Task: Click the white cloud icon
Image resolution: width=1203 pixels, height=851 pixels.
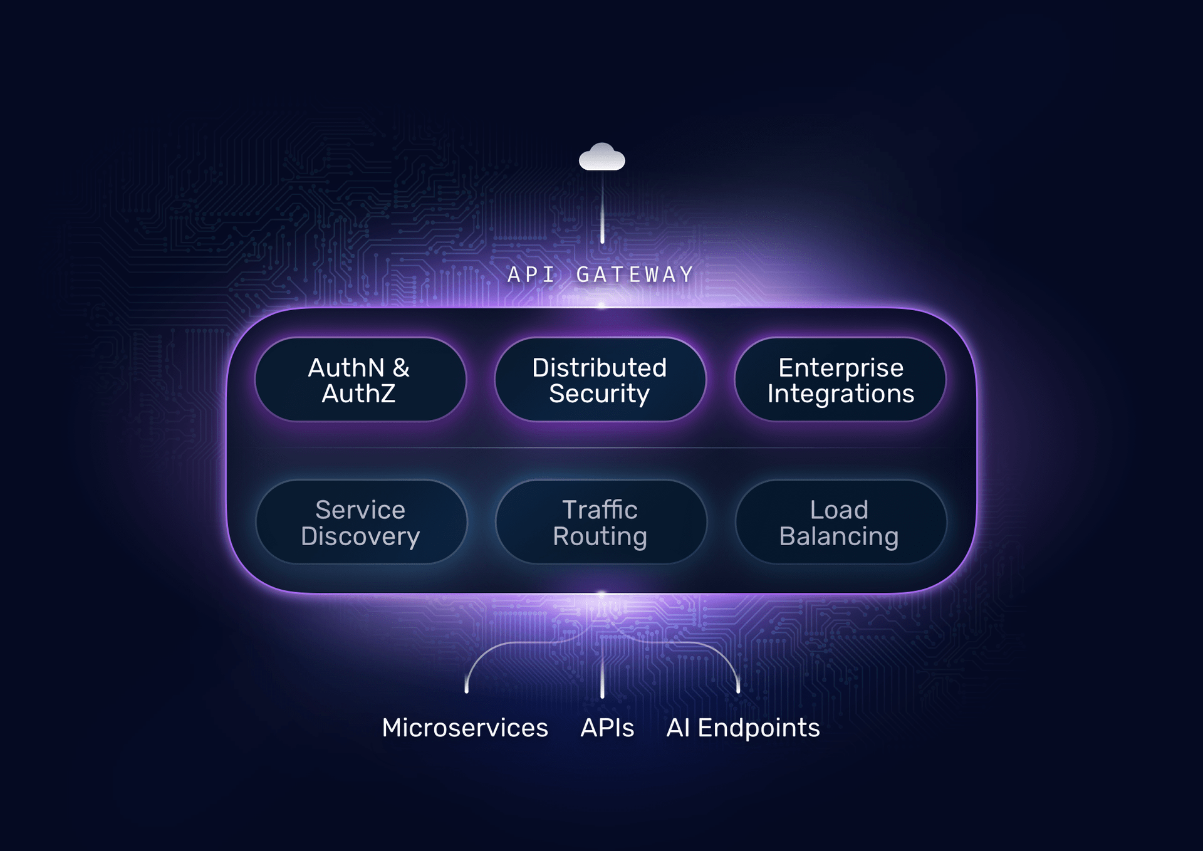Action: (x=601, y=157)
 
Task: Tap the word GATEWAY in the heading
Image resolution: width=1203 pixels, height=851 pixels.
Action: (x=634, y=274)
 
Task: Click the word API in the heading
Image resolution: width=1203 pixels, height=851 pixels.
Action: (x=531, y=274)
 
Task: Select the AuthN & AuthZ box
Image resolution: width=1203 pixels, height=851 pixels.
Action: (x=360, y=380)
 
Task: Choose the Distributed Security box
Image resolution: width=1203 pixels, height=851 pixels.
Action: (x=600, y=380)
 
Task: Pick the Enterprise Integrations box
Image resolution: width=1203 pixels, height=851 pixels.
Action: (x=840, y=380)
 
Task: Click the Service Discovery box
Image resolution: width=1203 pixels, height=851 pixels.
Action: (x=361, y=522)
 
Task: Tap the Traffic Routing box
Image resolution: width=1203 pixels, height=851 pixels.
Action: (x=600, y=522)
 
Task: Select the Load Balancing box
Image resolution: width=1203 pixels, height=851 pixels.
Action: (x=840, y=522)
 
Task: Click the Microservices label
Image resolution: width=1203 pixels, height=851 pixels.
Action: (x=465, y=728)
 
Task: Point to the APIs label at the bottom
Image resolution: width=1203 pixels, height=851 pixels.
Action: (x=607, y=728)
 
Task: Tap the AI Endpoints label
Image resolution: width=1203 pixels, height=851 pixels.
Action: (x=742, y=728)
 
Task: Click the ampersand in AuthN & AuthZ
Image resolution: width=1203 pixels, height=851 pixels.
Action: (x=401, y=368)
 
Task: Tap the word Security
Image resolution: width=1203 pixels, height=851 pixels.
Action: (x=600, y=394)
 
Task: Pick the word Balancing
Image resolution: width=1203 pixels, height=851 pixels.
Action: (x=839, y=536)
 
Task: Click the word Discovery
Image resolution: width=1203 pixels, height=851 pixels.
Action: (x=360, y=536)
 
